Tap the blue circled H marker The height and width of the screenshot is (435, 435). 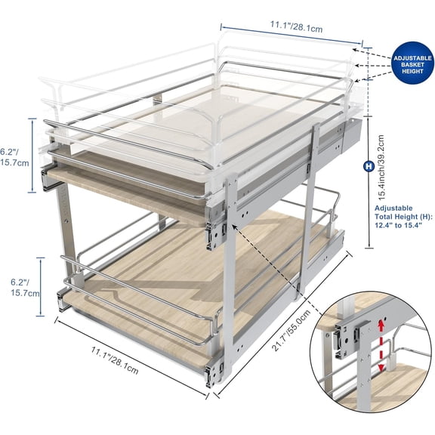click(x=369, y=165)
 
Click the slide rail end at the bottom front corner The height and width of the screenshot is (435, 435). click(x=216, y=370)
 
